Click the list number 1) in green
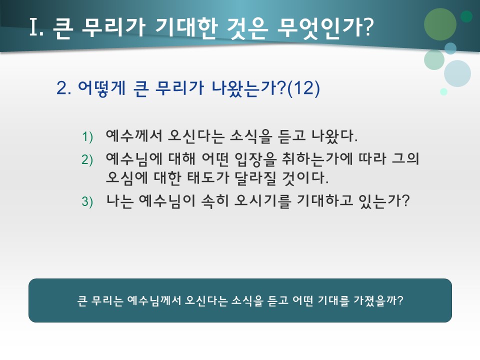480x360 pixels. point(87,136)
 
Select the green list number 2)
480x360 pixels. point(87,159)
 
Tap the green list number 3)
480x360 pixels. point(87,201)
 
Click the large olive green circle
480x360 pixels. point(440,24)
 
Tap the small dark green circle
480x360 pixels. point(466,16)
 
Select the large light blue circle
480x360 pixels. point(457,73)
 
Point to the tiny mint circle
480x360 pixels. point(443,91)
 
